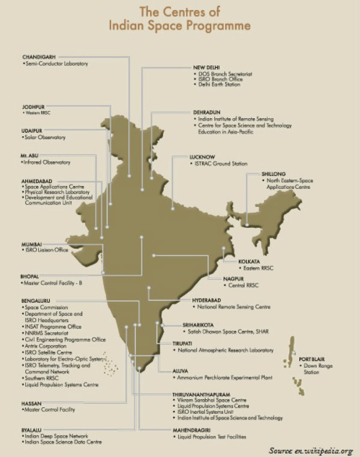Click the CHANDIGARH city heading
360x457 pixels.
(x=35, y=56)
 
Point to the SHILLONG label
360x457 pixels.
(x=274, y=174)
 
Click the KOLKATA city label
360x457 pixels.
(x=250, y=261)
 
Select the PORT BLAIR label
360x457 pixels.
(x=312, y=359)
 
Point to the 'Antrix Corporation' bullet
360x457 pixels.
(x=47, y=346)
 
